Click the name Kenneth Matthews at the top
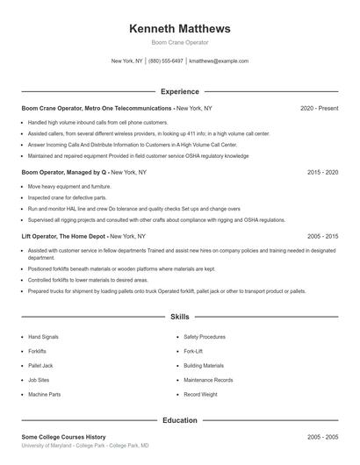click(180, 28)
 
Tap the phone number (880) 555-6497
click(166, 61)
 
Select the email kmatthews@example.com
click(219, 61)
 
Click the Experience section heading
click(180, 91)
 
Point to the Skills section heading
click(180, 316)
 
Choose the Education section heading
click(180, 420)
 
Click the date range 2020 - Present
click(319, 108)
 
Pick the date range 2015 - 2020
click(322, 173)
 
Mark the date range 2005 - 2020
click(322, 237)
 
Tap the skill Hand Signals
click(45, 336)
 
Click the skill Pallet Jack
click(41, 365)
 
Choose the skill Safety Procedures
click(205, 336)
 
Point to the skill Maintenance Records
click(208, 380)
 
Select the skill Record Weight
click(200, 394)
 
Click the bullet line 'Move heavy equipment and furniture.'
click(69, 187)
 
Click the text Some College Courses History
click(63, 436)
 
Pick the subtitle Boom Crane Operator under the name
click(180, 42)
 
